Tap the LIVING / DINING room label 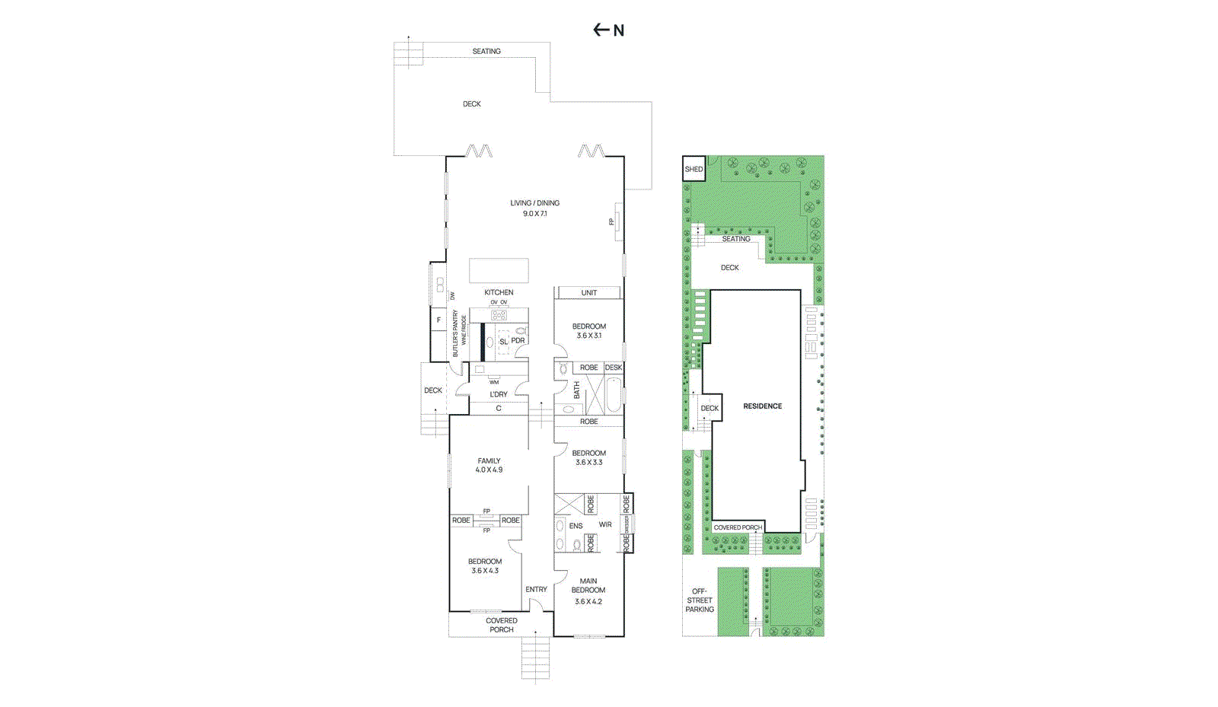pyautogui.click(x=534, y=208)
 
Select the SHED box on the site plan pyautogui.click(x=693, y=169)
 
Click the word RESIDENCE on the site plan pyautogui.click(x=762, y=406)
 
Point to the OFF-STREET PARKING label pyautogui.click(x=700, y=600)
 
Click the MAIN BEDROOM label pyautogui.click(x=588, y=591)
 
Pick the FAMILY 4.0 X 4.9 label pyautogui.click(x=489, y=465)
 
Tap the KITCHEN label pyautogui.click(x=499, y=292)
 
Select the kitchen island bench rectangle pyautogui.click(x=499, y=270)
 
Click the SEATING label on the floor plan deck pyautogui.click(x=486, y=52)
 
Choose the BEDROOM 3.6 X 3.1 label pyautogui.click(x=588, y=330)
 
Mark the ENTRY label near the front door pyautogui.click(x=536, y=589)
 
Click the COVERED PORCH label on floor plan pyautogui.click(x=501, y=625)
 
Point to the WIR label pyautogui.click(x=605, y=524)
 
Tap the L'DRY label pyautogui.click(x=498, y=394)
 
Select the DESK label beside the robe pyautogui.click(x=614, y=368)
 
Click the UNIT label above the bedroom pyautogui.click(x=588, y=292)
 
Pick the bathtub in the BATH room pyautogui.click(x=613, y=395)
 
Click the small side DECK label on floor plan pyautogui.click(x=432, y=390)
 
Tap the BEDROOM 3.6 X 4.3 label pyautogui.click(x=484, y=565)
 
